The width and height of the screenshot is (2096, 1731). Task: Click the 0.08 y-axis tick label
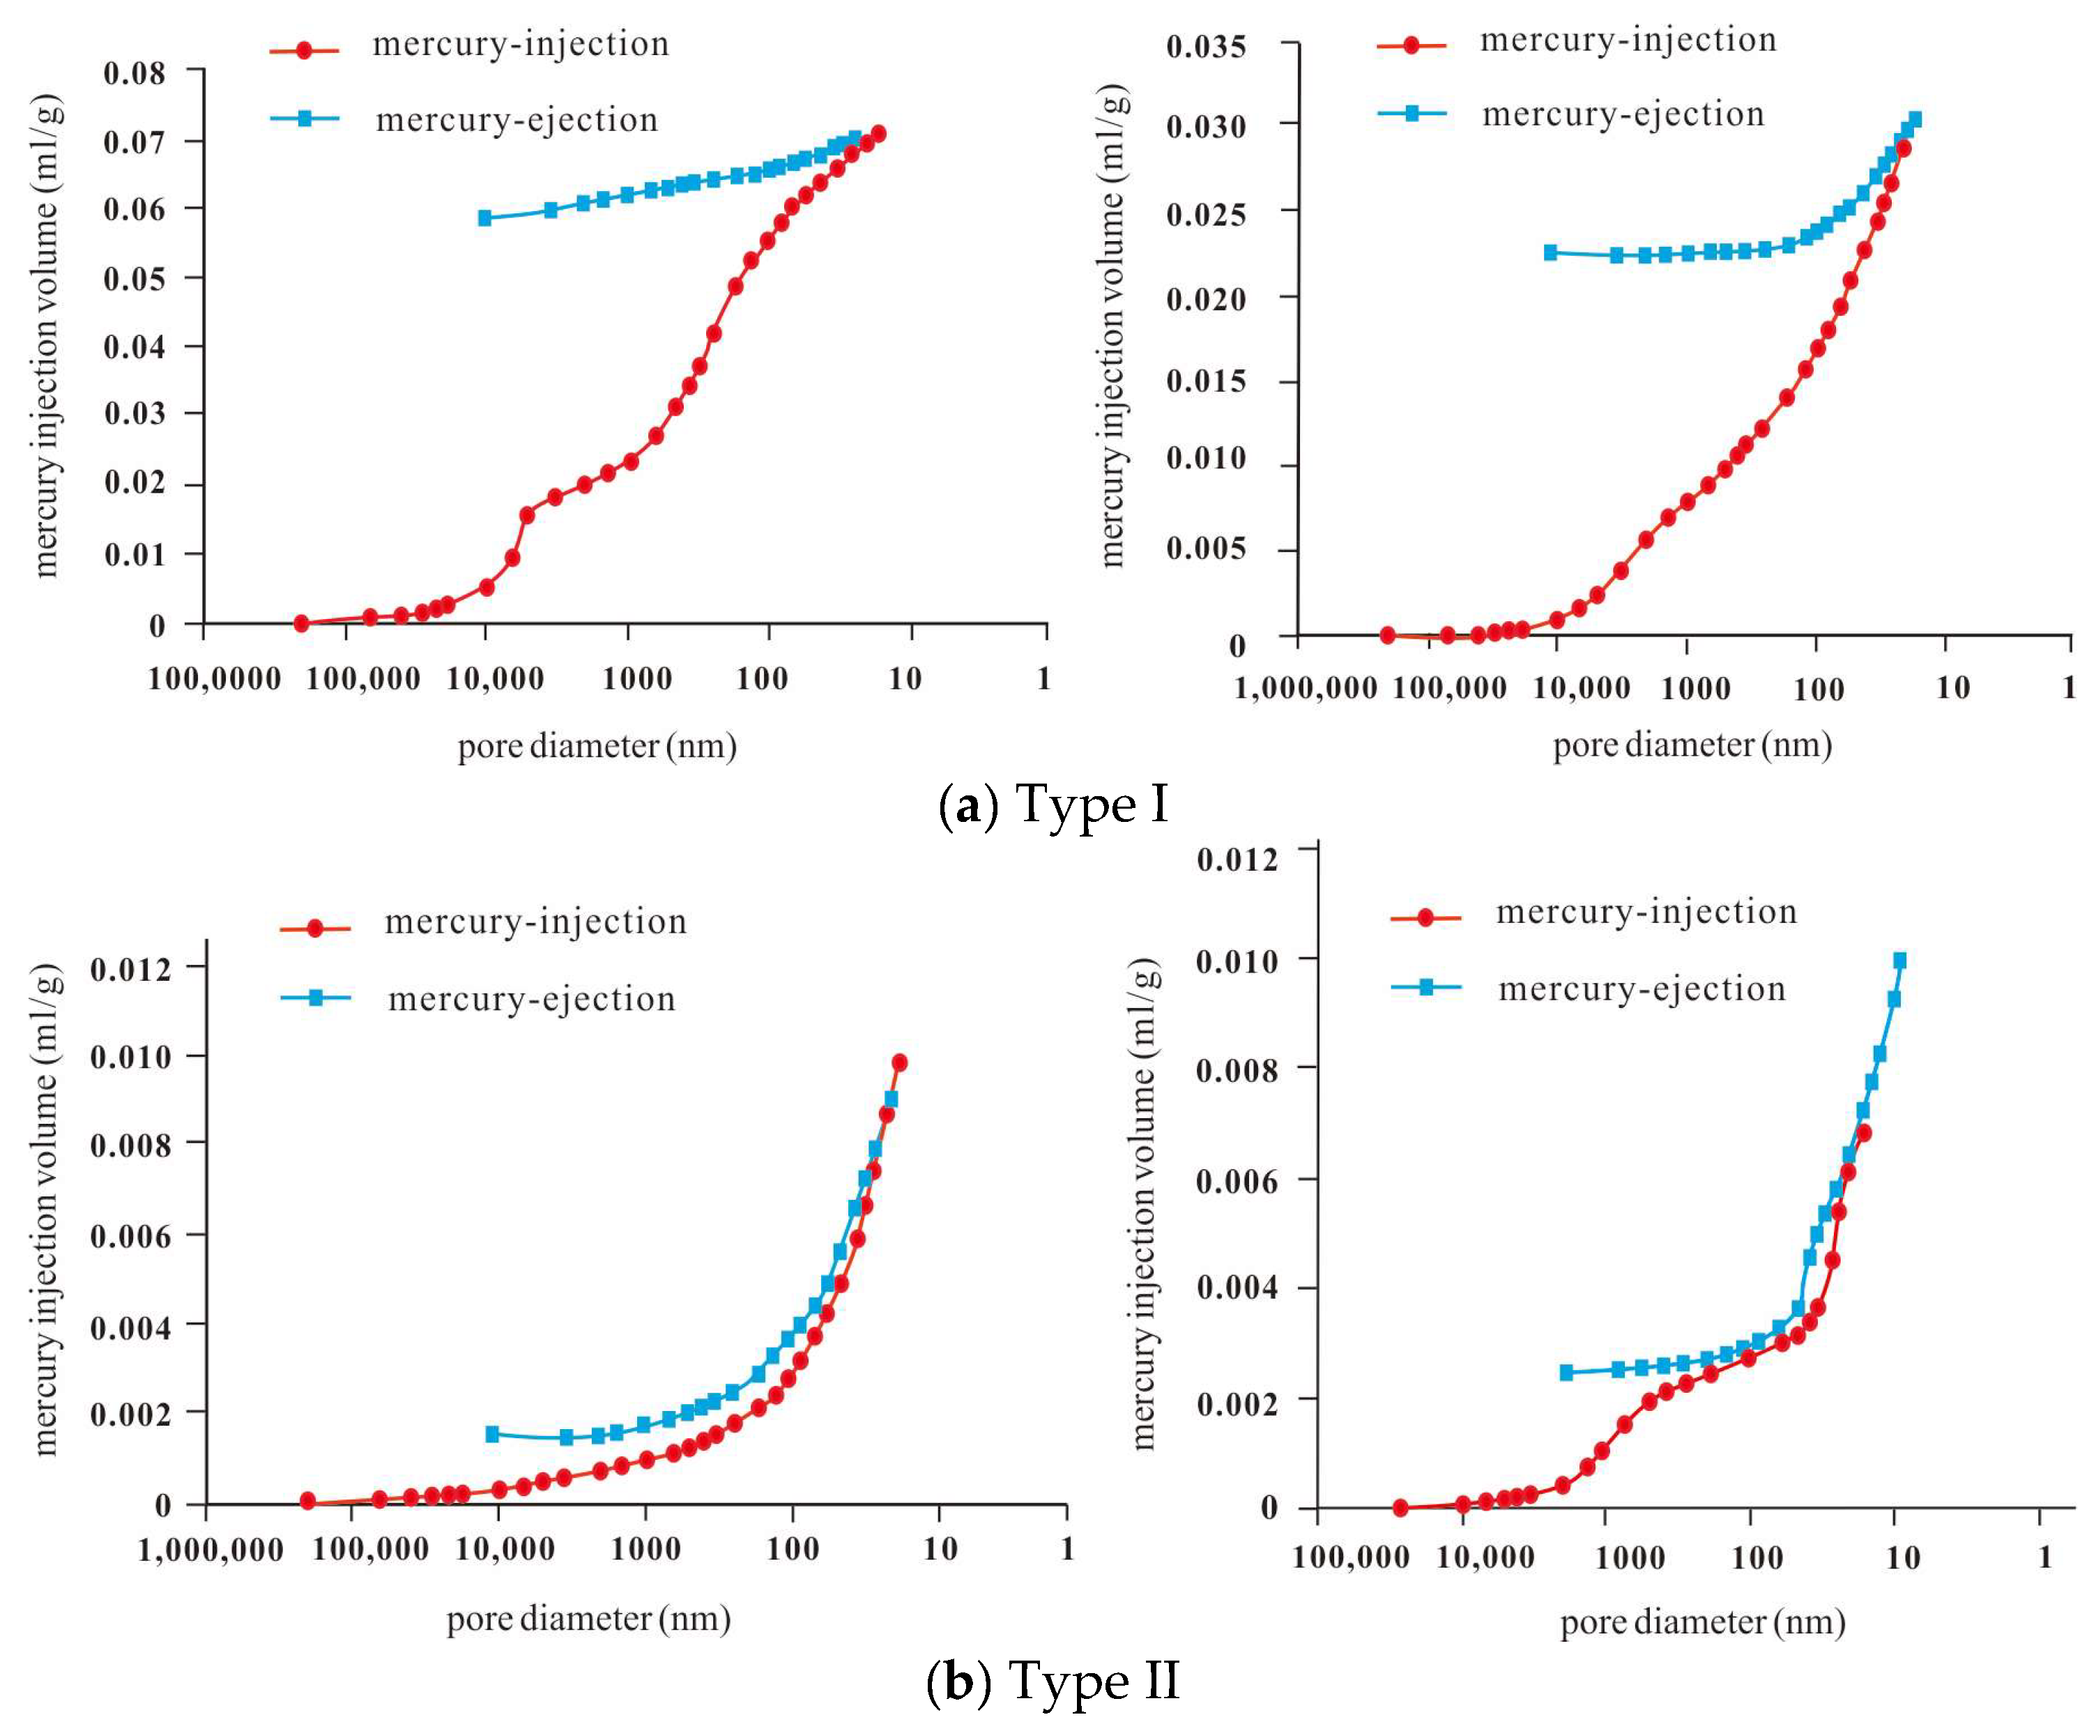135,73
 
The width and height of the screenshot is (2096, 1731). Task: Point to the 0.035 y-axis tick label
1207,46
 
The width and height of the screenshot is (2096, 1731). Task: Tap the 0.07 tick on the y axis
135,142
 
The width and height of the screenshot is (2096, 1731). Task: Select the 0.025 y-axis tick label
1207,213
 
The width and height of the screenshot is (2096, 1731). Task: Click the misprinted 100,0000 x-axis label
215,680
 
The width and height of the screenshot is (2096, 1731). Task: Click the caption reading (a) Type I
1054,805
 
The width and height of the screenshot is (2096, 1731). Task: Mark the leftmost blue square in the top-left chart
484,218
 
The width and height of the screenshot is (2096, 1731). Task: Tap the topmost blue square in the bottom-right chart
1899,960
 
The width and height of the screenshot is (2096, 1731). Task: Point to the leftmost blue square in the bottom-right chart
1566,1372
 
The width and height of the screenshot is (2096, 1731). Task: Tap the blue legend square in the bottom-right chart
1426,987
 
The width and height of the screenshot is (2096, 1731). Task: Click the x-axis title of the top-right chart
1692,745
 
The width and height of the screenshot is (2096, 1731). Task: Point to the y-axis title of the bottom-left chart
46,1210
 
